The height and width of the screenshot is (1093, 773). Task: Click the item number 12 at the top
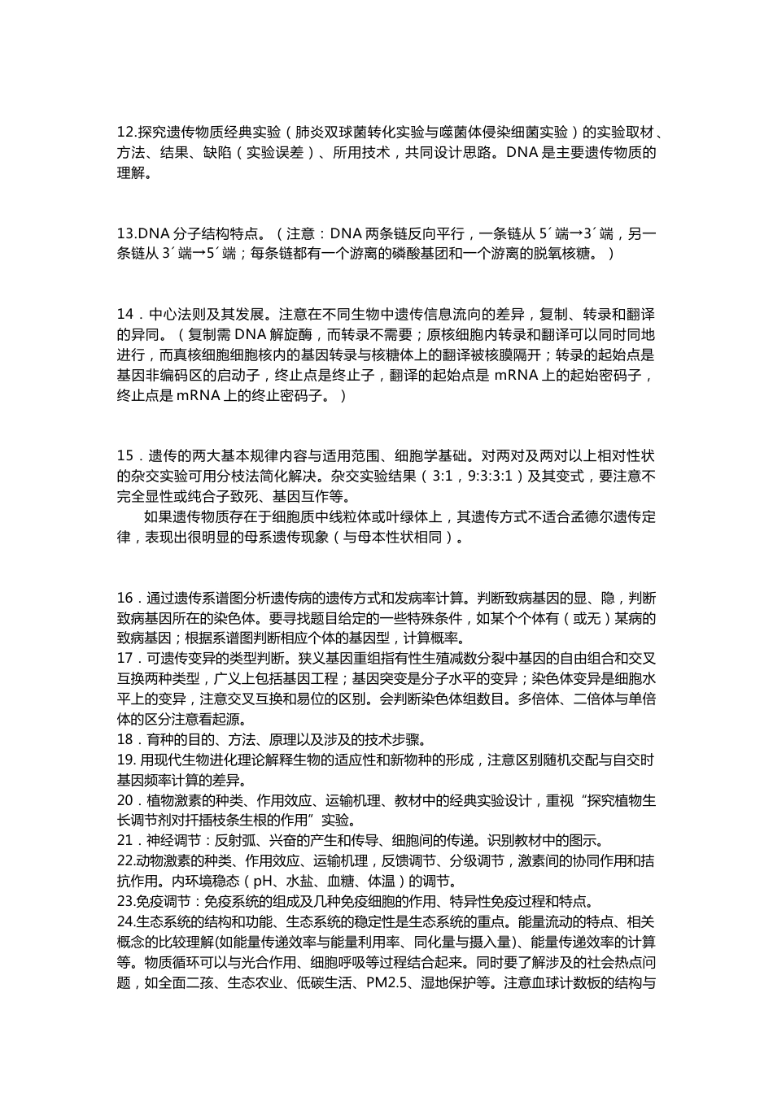[x=127, y=132]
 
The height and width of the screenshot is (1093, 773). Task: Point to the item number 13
[x=127, y=234]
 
